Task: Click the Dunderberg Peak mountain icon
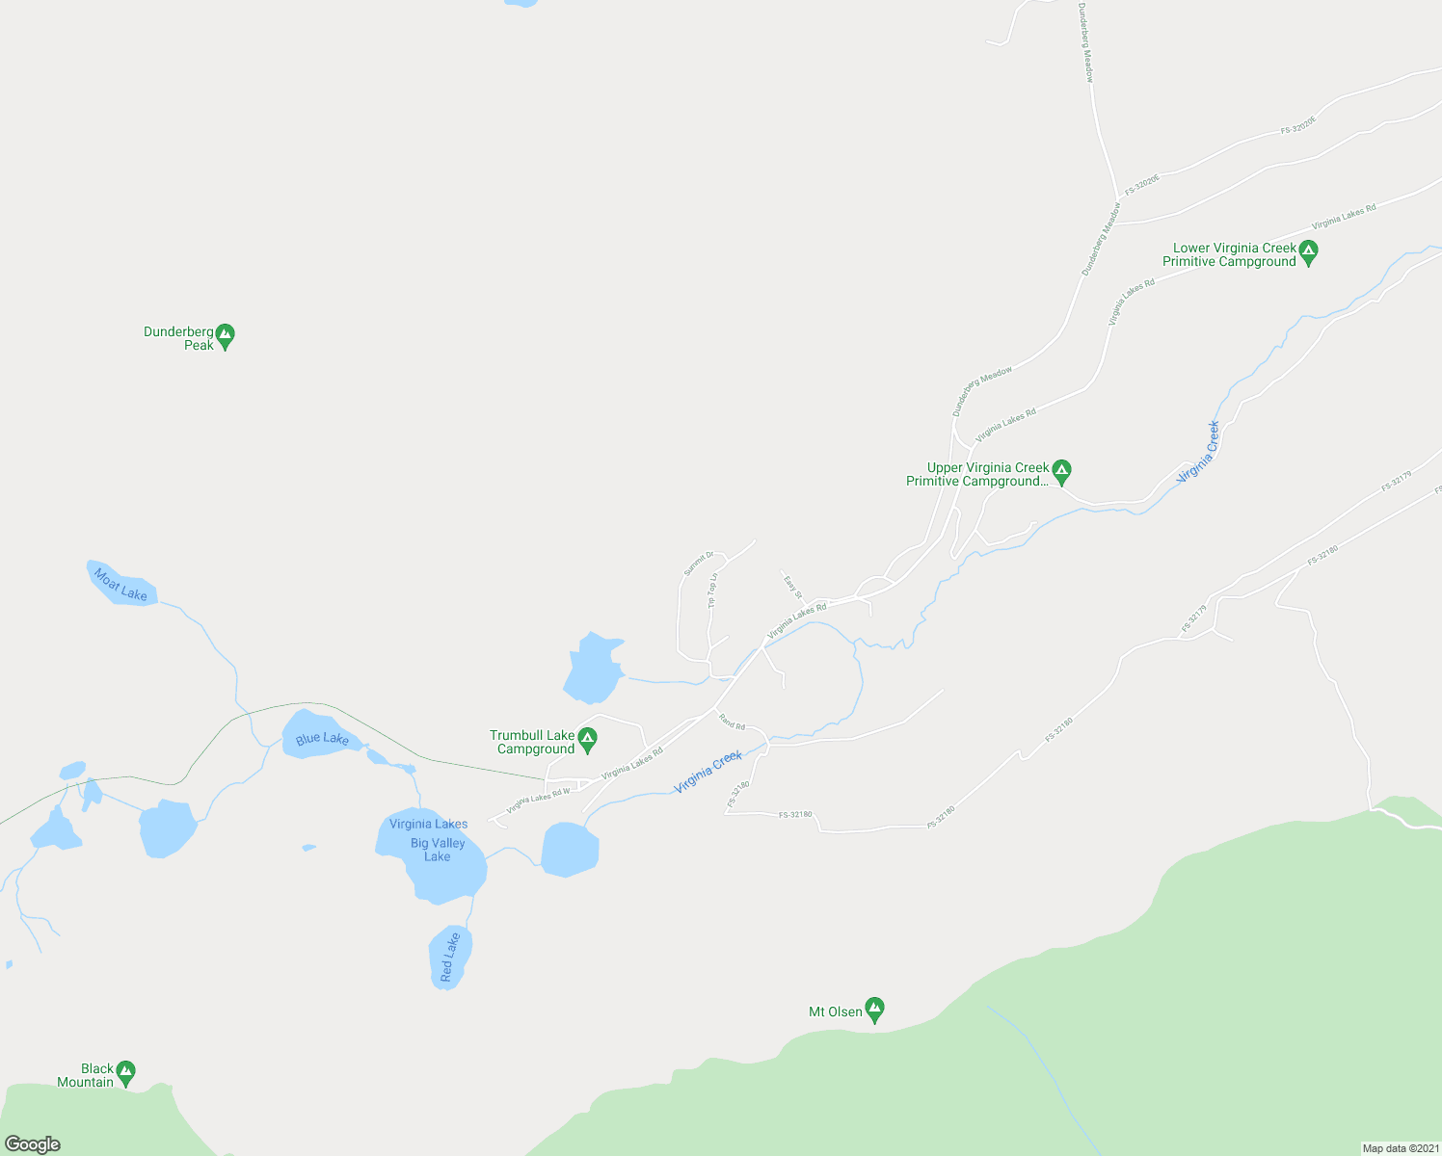point(225,336)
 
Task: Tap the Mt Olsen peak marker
point(874,1010)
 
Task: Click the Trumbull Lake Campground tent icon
point(587,740)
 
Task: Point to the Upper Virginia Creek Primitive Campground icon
point(1061,472)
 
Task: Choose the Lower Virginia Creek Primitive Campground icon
point(1308,252)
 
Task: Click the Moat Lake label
point(120,584)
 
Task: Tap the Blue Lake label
point(322,739)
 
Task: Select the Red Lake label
point(449,958)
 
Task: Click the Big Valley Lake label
point(438,850)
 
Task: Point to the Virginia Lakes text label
point(428,824)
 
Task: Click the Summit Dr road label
point(698,564)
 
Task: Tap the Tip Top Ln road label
point(713,591)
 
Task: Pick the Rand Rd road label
point(733,723)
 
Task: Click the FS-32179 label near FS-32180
point(1194,618)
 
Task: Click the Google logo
point(33,1144)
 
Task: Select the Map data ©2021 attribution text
point(1400,1148)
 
